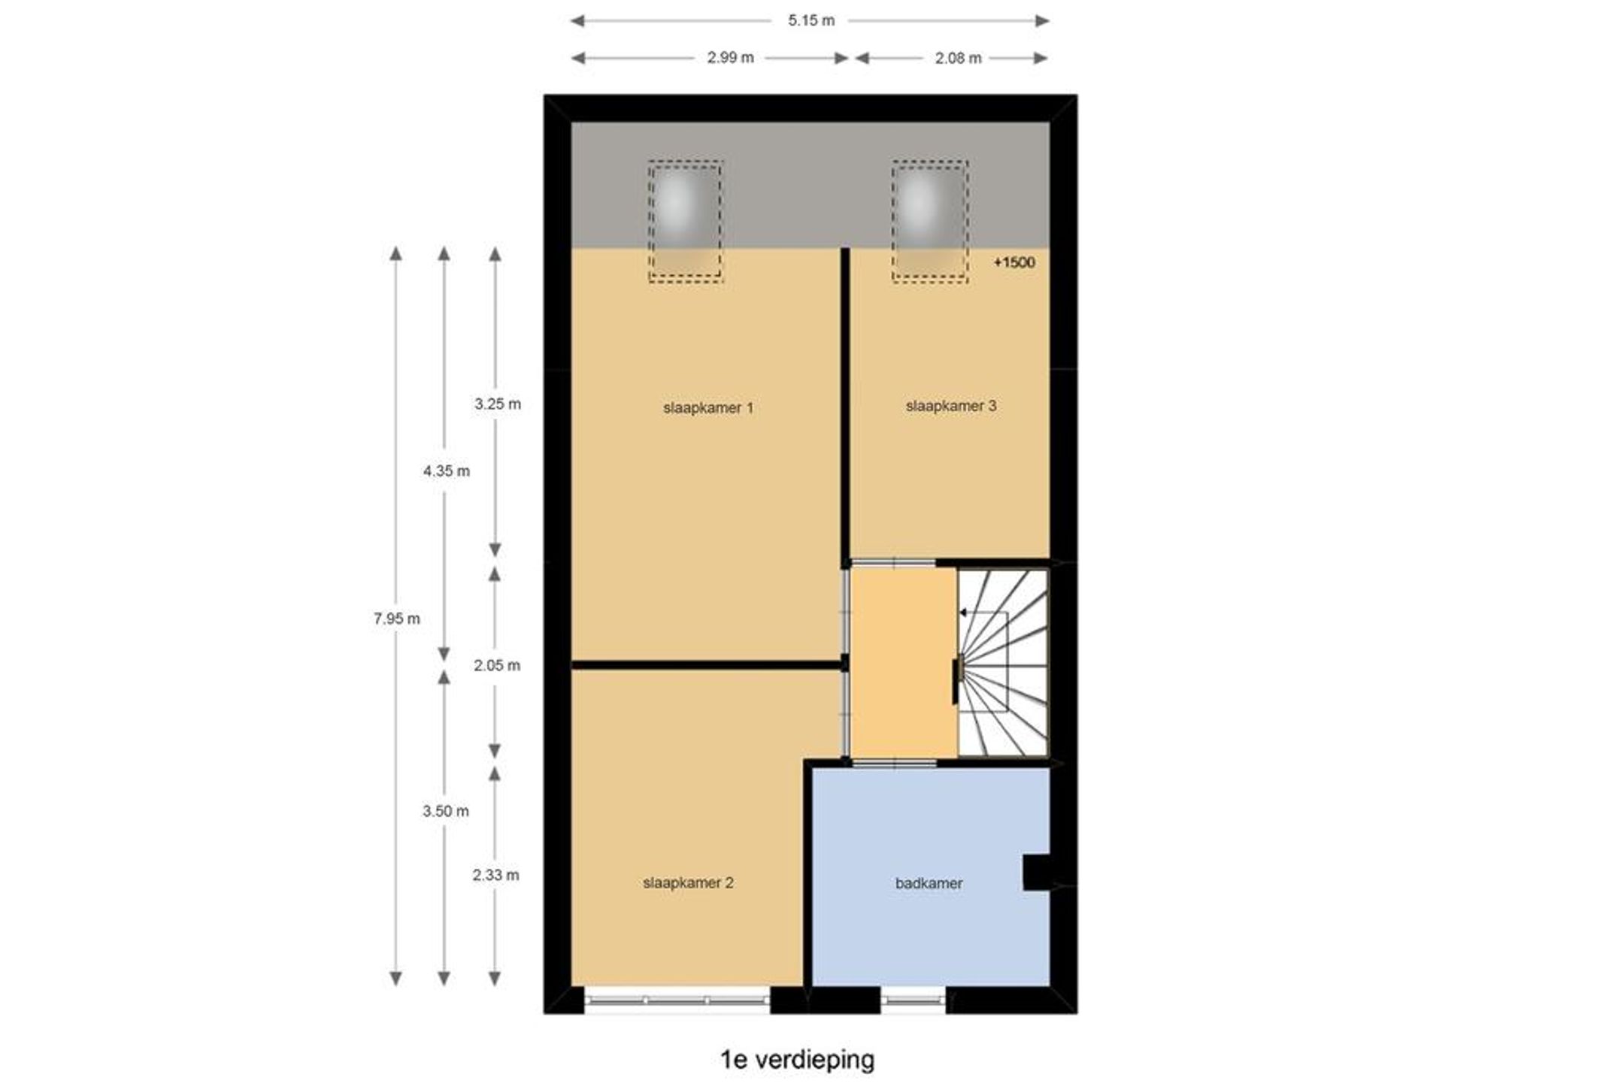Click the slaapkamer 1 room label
click(707, 408)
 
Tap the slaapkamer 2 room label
click(688, 883)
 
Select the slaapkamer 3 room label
click(951, 406)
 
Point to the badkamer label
click(929, 884)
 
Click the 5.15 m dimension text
click(811, 21)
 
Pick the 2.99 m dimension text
click(730, 58)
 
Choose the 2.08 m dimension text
click(958, 58)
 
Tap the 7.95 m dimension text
click(397, 619)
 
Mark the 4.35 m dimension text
click(446, 471)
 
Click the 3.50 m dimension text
click(446, 811)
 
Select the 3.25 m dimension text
click(497, 404)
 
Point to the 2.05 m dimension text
click(497, 666)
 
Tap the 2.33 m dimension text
click(495, 875)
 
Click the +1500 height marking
click(1014, 262)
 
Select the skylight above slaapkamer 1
click(686, 221)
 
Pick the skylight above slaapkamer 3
click(930, 221)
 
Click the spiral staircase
click(1003, 662)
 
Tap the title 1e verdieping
click(798, 1060)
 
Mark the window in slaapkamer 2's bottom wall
click(677, 1000)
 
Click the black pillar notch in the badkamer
click(1036, 873)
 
